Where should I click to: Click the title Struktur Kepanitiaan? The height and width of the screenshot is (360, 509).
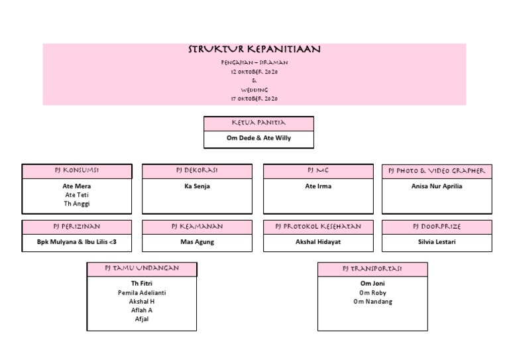[254, 50]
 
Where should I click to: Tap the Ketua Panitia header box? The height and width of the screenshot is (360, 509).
[258, 123]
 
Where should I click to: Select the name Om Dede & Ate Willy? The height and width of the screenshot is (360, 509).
[258, 139]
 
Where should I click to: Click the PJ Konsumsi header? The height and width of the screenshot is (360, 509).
[77, 171]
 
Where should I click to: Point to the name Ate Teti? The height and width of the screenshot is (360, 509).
[77, 195]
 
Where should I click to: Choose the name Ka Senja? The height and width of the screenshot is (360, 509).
[197, 186]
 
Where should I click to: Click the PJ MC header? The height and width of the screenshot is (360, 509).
[318, 171]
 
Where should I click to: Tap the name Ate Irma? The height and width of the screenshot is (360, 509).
[318, 186]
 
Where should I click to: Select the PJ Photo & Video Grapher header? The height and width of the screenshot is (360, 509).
[437, 171]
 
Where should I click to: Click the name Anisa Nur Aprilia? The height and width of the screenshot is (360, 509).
[437, 186]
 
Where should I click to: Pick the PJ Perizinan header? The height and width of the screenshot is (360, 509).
[77, 227]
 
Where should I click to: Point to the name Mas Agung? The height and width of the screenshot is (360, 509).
[197, 242]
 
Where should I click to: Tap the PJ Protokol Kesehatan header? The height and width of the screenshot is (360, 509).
[318, 227]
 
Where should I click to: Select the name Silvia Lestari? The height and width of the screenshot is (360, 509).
[437, 242]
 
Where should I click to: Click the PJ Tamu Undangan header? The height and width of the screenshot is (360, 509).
[142, 269]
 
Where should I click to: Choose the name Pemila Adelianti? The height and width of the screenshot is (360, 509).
[142, 292]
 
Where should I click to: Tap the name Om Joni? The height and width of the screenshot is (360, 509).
[372, 284]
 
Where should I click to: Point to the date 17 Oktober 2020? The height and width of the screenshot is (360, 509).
[254, 99]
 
